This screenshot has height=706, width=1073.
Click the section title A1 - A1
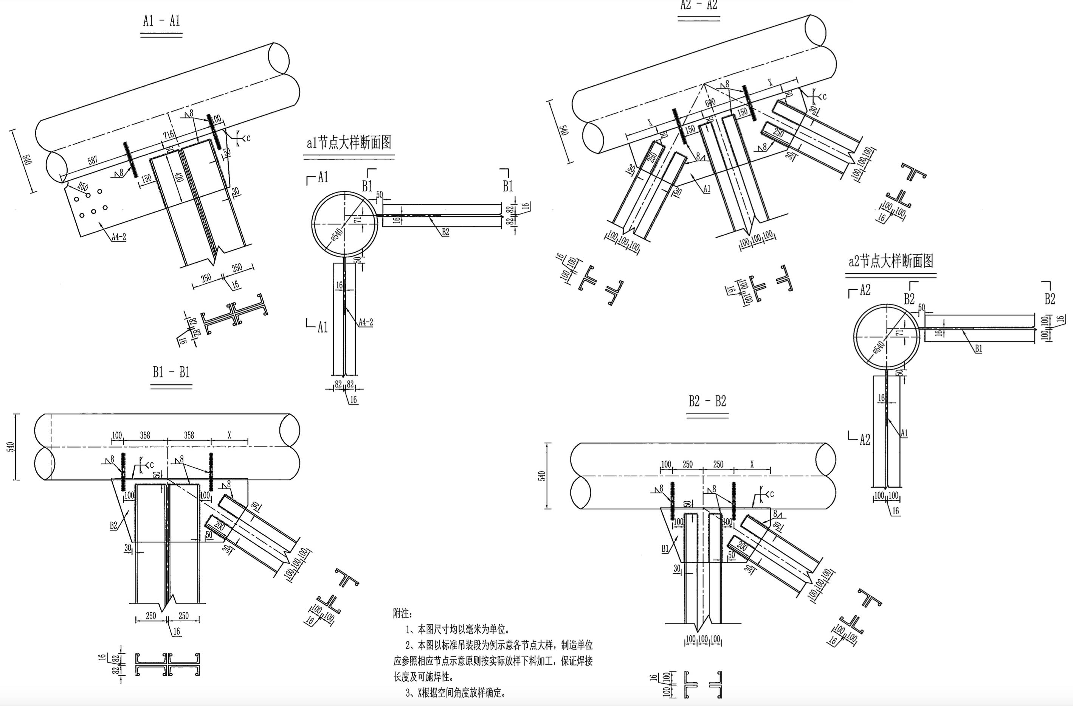pos(161,21)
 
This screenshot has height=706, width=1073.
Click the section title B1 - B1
pos(171,372)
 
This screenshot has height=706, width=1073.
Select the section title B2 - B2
pos(707,401)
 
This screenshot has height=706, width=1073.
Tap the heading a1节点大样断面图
pos(349,143)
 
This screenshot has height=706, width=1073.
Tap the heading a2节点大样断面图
pos(891,261)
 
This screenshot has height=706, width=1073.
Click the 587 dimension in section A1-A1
pos(92,160)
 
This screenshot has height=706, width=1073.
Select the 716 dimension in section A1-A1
pos(169,134)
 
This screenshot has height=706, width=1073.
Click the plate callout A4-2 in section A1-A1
pos(119,237)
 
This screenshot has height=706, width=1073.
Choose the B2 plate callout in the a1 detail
pos(445,232)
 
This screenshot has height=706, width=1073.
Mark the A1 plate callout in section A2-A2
pos(707,188)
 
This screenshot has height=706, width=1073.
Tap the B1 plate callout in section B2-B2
pos(665,549)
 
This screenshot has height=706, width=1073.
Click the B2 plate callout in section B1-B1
pos(113,525)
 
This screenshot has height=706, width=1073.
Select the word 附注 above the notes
pos(401,614)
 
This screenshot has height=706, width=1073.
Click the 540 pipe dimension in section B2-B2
pos(543,476)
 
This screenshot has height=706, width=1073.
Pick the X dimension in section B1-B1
pos(229,435)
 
